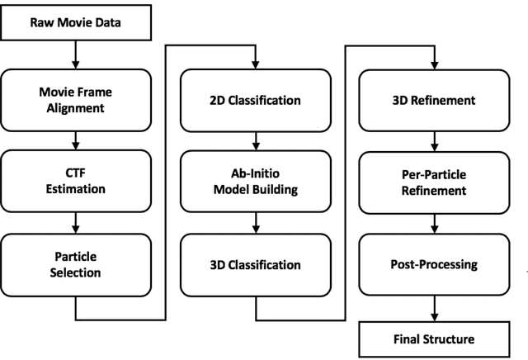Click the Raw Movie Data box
76,22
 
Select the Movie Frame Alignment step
76,100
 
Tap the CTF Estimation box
76,182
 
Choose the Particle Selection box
76,264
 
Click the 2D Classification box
255,100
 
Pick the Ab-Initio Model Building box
255,182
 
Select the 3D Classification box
255,264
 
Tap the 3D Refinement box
434,100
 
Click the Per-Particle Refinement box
434,182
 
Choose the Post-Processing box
434,264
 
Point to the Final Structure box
434,339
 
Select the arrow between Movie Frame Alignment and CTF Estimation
76,141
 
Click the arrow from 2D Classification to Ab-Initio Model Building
255,141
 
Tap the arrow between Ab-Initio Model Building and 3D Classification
255,223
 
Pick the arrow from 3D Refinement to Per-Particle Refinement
434,141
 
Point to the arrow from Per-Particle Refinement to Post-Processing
434,223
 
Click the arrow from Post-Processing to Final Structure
434,307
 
